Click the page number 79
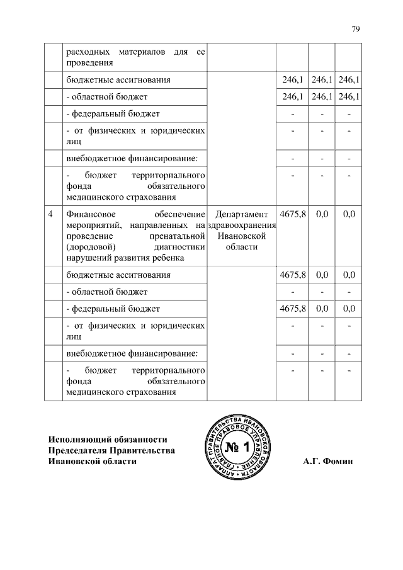coord(355,29)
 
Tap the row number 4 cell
coord(51,214)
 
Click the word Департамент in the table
coord(242,214)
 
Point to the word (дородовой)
coord(87,246)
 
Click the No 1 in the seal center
coord(237,448)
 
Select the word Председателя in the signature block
coord(79,450)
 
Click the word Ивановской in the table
coord(242,236)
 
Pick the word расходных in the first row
coord(87,52)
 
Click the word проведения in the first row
coord(89,62)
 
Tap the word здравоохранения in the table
coord(242,225)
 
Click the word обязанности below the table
coord(140,439)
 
